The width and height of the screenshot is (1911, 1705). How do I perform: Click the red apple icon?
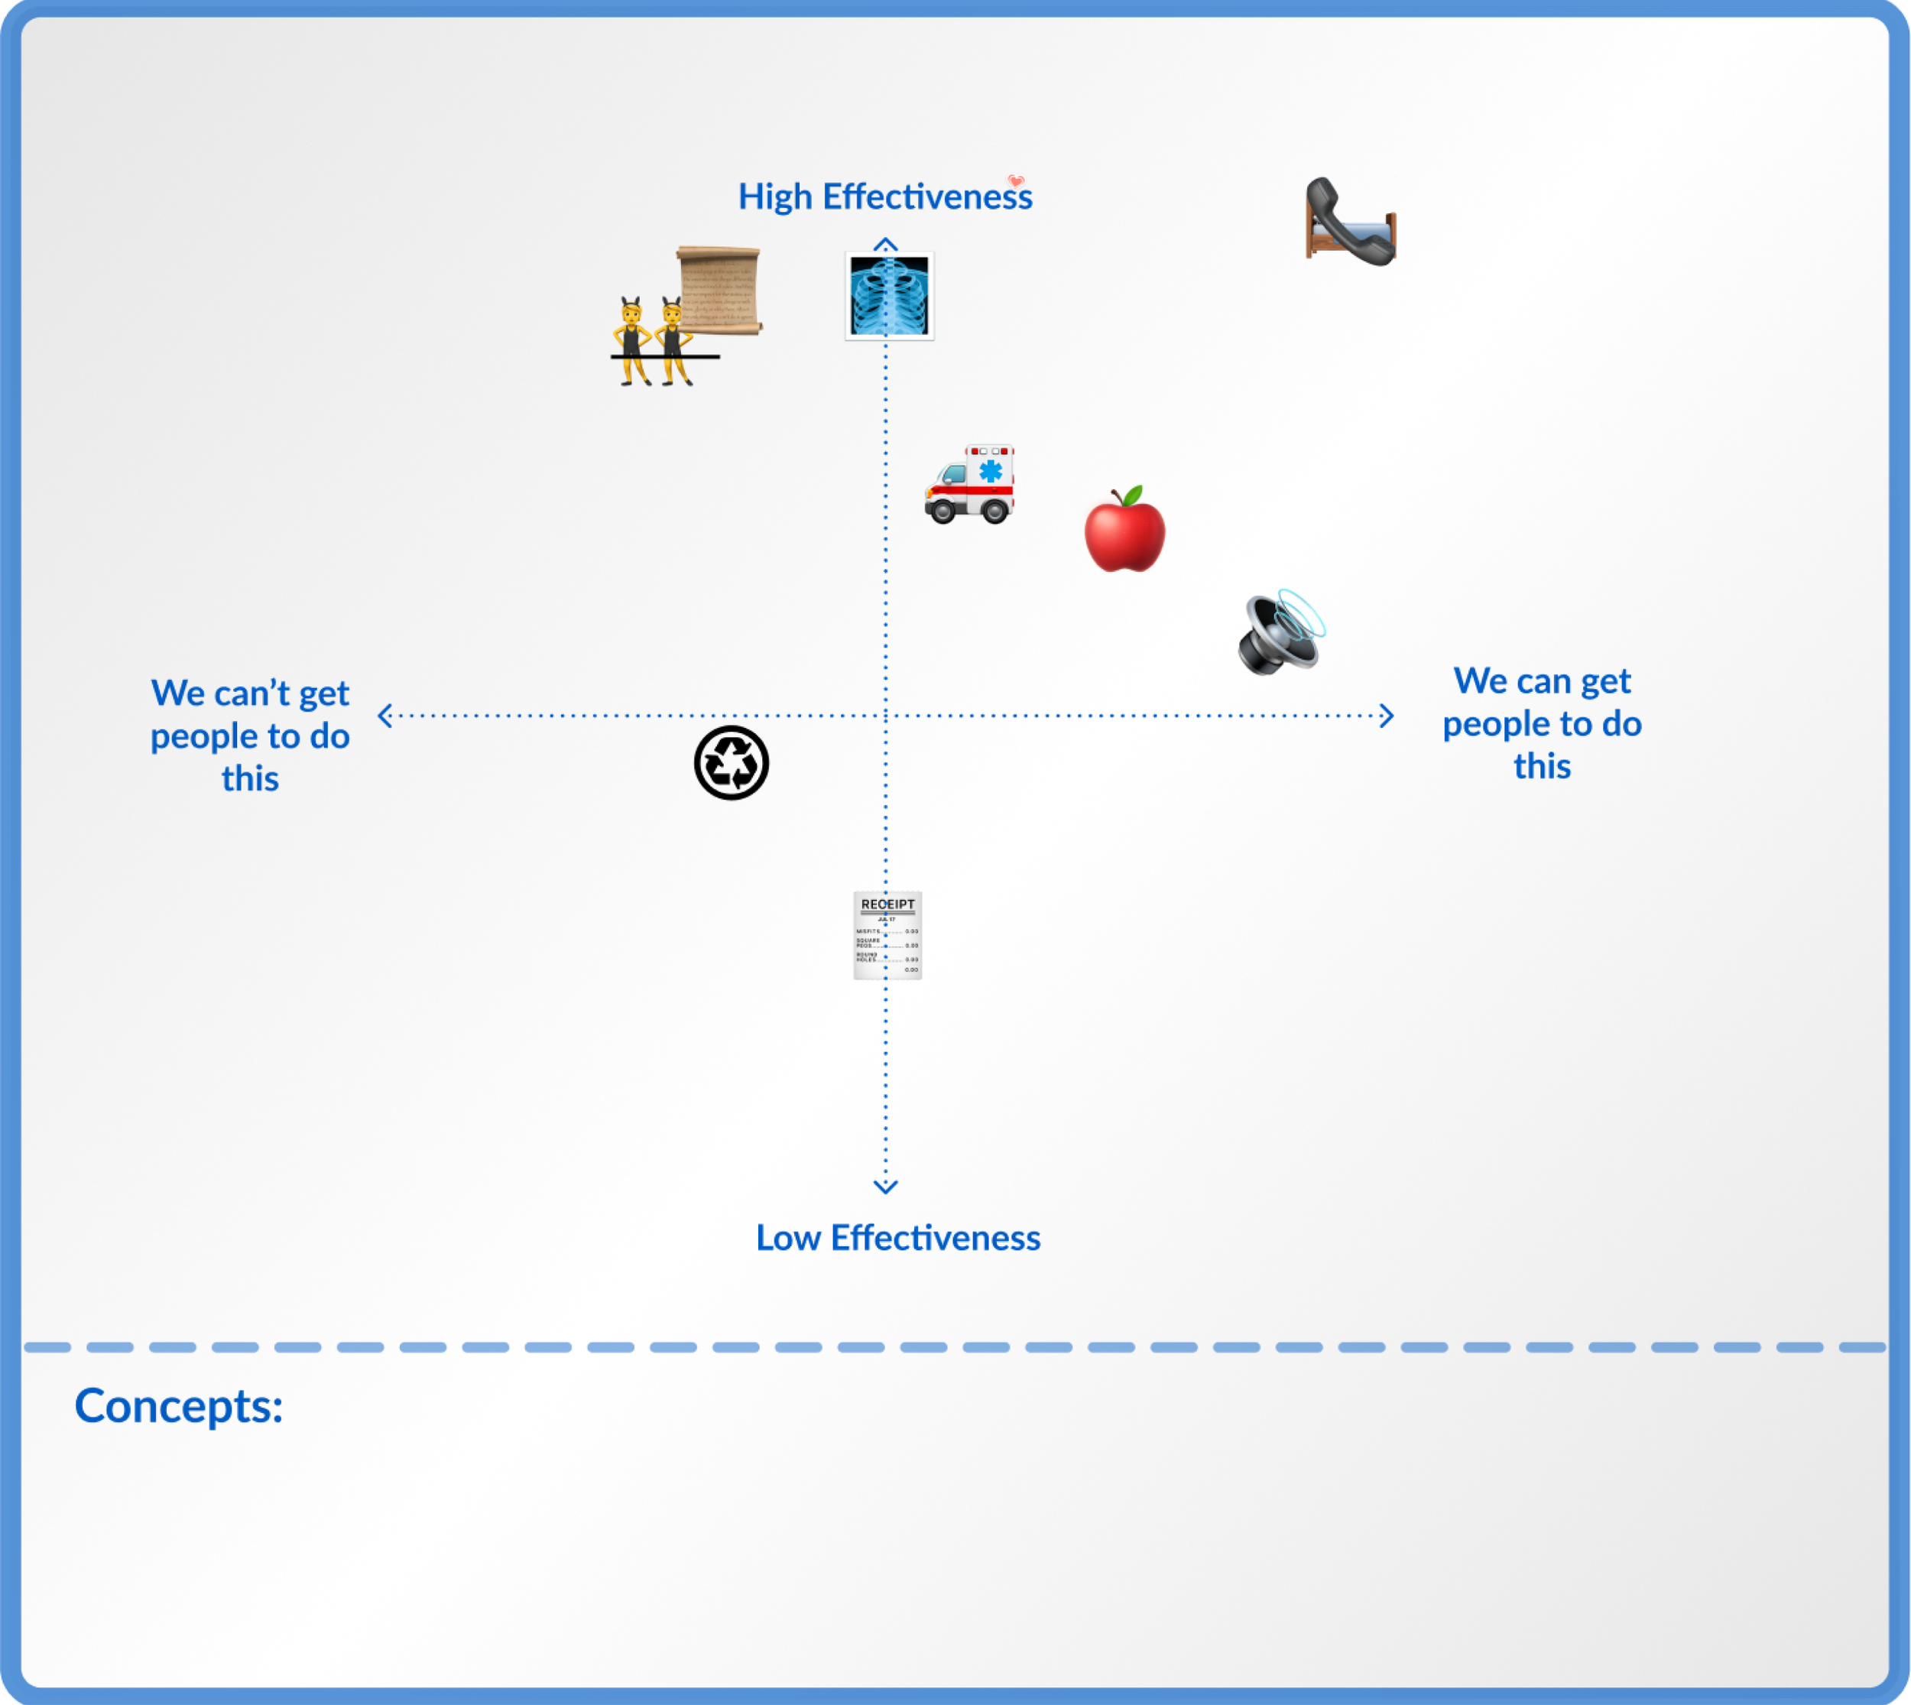click(1124, 532)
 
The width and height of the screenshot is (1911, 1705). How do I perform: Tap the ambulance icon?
click(969, 483)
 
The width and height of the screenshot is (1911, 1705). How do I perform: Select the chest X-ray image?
click(889, 295)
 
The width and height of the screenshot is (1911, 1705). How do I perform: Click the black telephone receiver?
click(1349, 221)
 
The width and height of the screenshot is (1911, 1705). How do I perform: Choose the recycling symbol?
click(732, 762)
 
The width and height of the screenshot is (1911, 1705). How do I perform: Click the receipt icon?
click(887, 935)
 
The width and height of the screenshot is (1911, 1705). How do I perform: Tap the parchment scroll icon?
click(719, 291)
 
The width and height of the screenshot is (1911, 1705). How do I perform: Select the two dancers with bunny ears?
click(654, 342)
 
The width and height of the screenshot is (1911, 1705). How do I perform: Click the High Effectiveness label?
click(884, 196)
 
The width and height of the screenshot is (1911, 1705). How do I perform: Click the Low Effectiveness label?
click(897, 1238)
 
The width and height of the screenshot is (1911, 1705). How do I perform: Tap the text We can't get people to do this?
click(250, 736)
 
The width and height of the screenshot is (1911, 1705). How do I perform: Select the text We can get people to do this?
click(1542, 723)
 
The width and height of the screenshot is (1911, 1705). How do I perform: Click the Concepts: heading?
click(179, 1405)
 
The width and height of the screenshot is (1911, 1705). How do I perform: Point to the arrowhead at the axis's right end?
click(1387, 716)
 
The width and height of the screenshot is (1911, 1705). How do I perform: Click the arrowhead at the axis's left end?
click(384, 716)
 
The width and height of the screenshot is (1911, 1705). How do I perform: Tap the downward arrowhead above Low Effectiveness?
click(885, 1187)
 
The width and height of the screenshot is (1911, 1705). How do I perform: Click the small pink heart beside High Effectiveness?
click(1017, 180)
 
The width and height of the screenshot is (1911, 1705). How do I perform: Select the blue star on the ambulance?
click(991, 469)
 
